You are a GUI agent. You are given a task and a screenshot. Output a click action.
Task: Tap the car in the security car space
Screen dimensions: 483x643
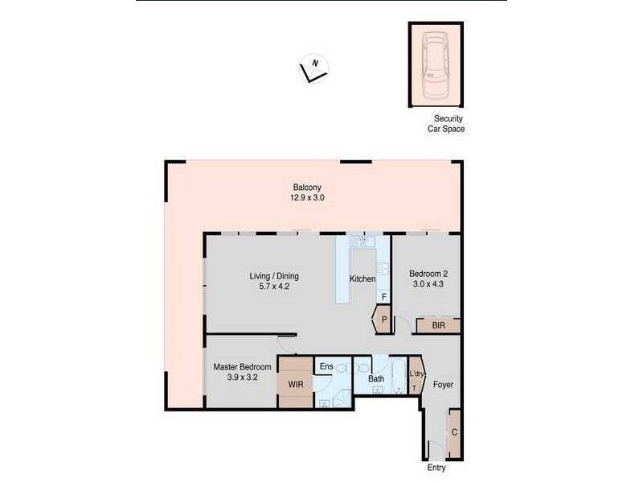click(435, 63)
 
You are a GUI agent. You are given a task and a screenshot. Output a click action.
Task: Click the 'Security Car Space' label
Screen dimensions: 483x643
click(445, 123)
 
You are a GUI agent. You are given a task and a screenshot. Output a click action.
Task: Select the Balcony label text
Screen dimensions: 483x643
click(307, 188)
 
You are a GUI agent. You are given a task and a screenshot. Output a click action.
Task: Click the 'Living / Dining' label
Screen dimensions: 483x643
click(274, 277)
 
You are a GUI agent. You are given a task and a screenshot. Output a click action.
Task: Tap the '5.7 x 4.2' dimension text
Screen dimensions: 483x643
click(274, 287)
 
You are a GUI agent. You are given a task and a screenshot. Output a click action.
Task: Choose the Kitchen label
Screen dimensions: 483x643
click(362, 279)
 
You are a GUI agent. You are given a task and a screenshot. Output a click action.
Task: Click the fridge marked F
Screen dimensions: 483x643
click(383, 297)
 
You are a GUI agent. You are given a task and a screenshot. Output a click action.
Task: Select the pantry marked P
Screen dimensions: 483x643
click(384, 320)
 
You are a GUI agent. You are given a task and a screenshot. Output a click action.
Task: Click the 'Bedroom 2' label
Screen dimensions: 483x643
click(428, 273)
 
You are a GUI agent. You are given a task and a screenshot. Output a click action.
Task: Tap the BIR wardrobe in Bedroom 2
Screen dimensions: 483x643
click(438, 325)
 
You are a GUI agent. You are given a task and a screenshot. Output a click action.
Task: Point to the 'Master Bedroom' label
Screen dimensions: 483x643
click(242, 367)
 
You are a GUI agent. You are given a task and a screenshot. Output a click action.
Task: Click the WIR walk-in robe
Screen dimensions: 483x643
click(295, 385)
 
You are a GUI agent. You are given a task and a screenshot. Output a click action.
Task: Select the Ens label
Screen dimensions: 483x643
click(326, 367)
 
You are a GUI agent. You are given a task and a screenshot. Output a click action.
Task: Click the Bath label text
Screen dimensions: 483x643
click(376, 378)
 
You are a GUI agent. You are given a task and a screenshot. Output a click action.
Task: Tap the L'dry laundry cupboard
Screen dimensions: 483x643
click(416, 377)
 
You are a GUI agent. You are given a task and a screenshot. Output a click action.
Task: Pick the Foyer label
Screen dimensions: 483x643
click(443, 385)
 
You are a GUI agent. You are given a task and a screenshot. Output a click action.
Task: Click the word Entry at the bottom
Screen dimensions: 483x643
click(436, 469)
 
